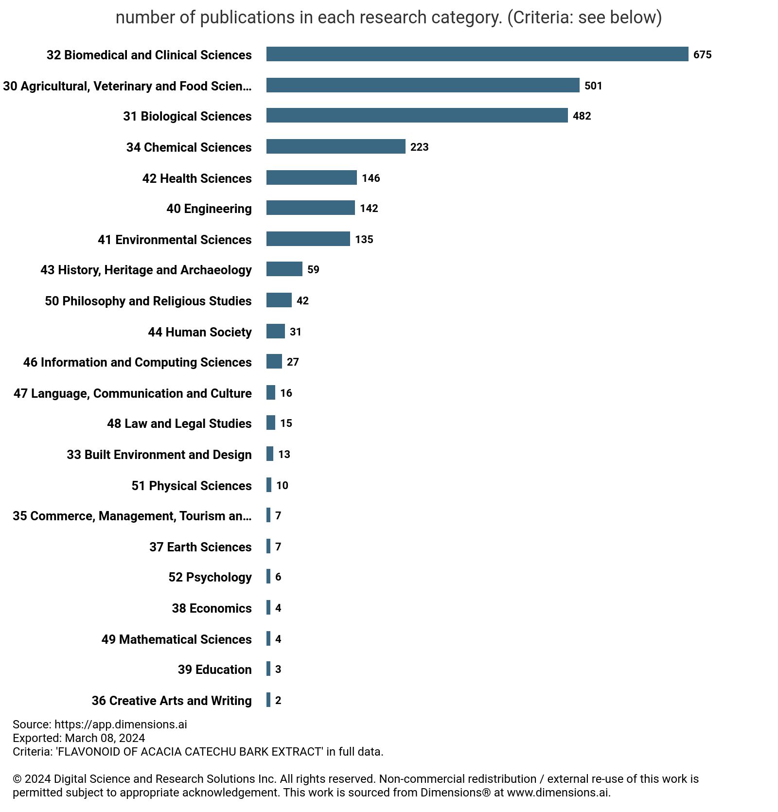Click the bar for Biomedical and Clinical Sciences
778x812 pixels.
(477, 54)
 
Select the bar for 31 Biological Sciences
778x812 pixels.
(417, 115)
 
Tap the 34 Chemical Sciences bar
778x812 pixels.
(336, 146)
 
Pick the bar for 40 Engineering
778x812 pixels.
(310, 208)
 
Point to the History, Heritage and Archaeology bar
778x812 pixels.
(284, 269)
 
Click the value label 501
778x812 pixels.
(593, 86)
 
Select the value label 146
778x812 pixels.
(371, 178)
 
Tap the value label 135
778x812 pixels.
(364, 239)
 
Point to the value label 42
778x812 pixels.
(302, 300)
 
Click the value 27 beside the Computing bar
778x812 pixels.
(293, 362)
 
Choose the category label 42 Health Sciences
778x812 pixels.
(197, 178)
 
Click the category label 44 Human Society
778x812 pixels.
(200, 332)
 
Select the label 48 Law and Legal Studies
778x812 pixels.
(179, 424)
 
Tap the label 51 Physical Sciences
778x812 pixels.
(192, 486)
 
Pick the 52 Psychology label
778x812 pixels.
(210, 577)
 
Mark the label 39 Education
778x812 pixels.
(214, 670)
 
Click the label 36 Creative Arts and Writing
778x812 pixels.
(172, 701)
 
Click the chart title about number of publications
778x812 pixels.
(389, 18)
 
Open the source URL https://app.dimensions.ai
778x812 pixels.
(121, 724)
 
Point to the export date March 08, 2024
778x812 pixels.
(105, 738)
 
